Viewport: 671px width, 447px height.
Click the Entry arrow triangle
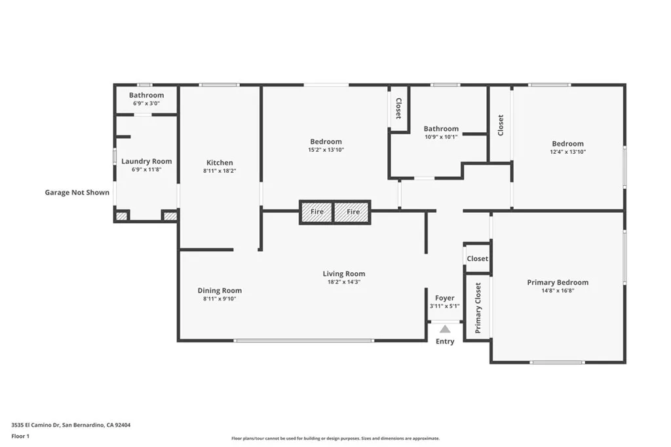coord(445,329)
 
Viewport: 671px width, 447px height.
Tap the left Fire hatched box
coord(316,212)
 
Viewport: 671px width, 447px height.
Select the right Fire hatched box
coord(353,212)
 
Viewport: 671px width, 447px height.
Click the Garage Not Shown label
coord(77,192)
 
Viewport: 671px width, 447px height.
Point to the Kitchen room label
coord(220,163)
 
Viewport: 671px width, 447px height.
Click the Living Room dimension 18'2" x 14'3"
coord(343,282)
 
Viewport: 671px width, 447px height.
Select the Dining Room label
coord(220,291)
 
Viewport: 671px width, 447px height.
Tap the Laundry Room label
coord(147,161)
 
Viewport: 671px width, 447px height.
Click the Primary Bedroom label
coord(558,283)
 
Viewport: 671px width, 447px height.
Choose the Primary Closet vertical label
coord(478,308)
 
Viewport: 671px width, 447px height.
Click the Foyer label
coord(445,298)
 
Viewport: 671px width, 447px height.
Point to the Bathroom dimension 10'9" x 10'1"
coord(441,137)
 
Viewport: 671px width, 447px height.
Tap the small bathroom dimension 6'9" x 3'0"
coord(146,103)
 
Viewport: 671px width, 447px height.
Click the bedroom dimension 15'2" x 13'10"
coord(326,150)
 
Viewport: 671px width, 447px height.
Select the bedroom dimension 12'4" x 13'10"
coord(567,152)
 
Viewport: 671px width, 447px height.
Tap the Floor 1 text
coord(20,436)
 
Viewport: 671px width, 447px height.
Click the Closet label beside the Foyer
coord(477,259)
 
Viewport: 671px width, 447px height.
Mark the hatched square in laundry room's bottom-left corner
coord(121,215)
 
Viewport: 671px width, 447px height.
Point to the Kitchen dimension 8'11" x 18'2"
coord(220,171)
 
